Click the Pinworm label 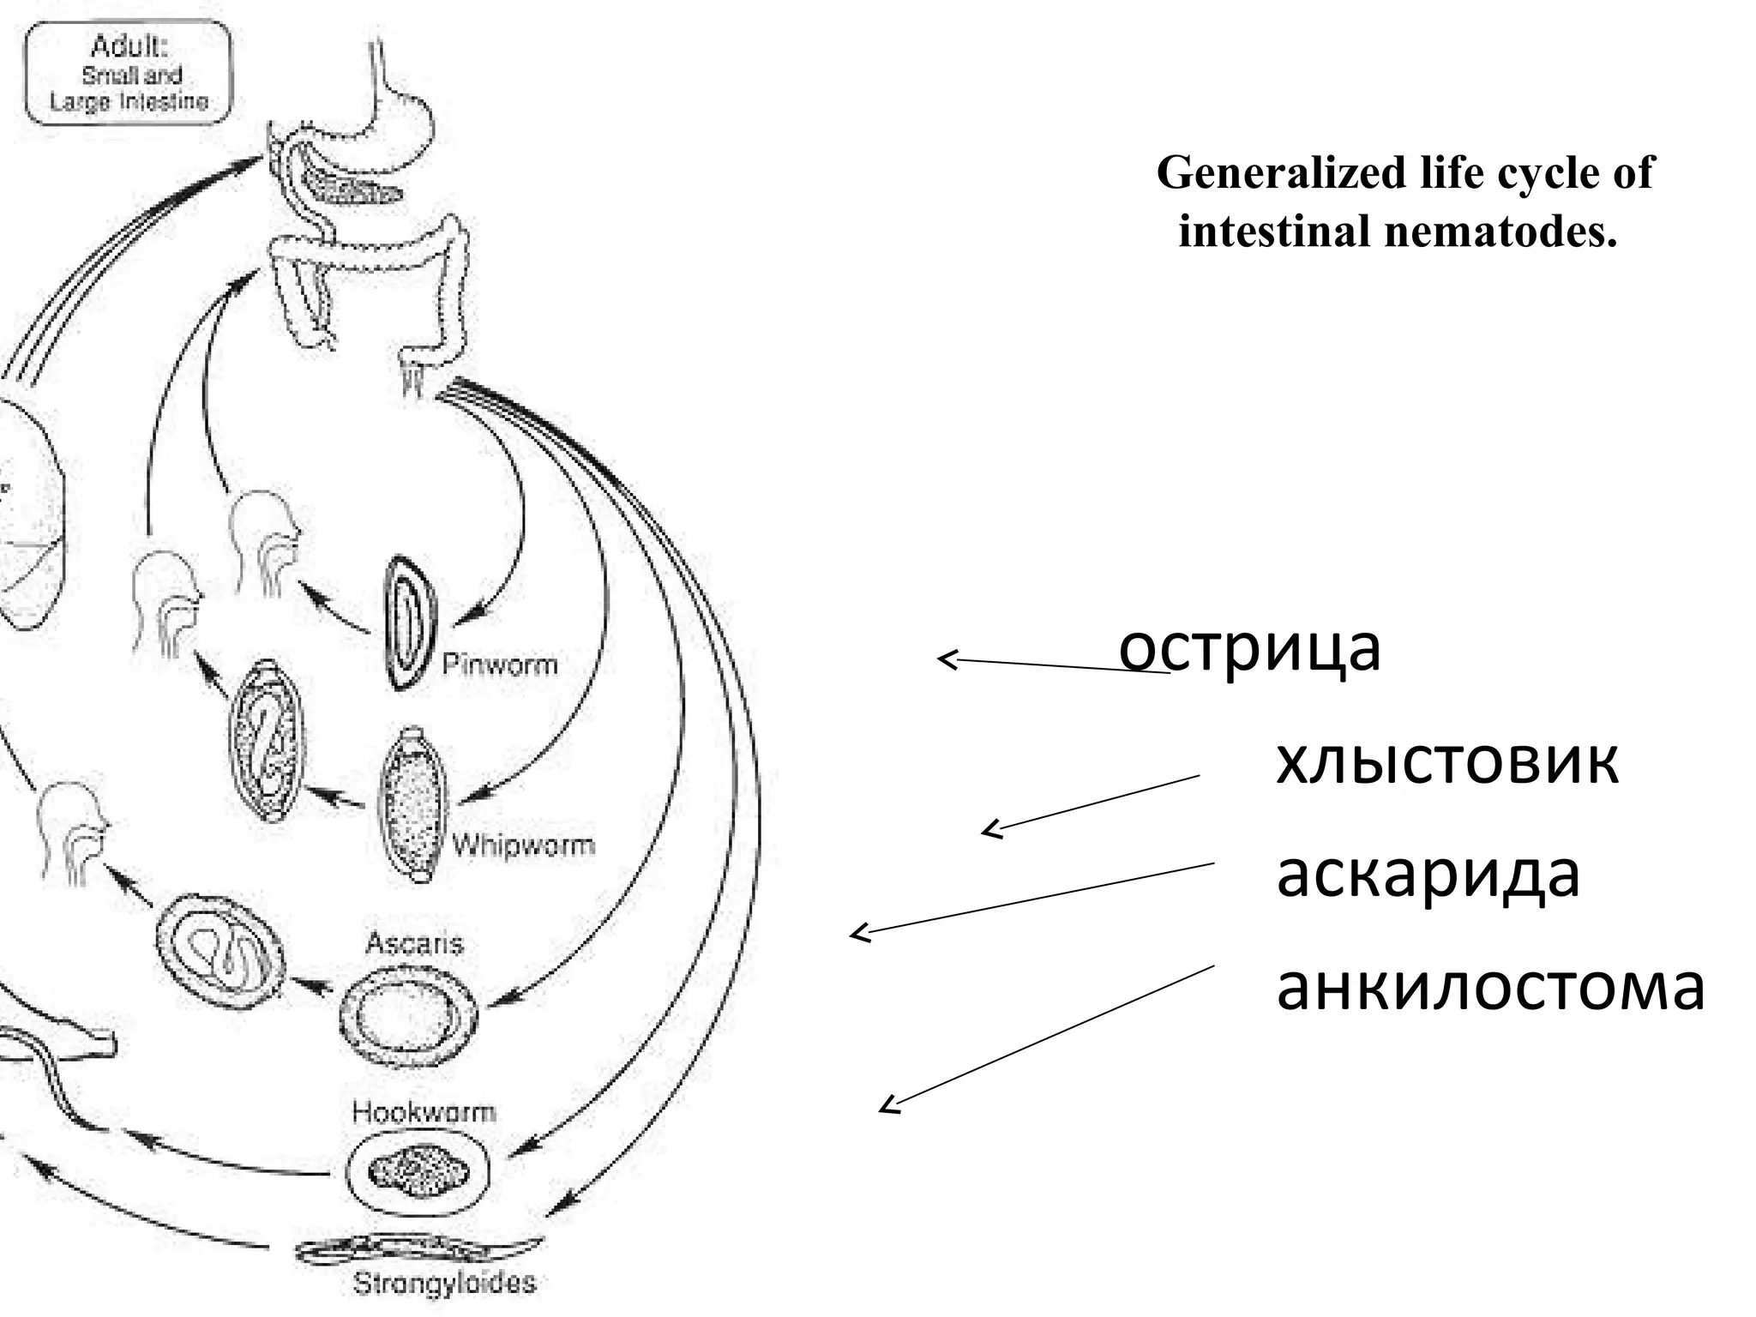pyautogui.click(x=499, y=665)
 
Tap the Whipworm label pyautogui.click(x=523, y=845)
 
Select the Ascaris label pyautogui.click(x=414, y=944)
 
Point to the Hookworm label pyautogui.click(x=424, y=1113)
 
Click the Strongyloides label pyautogui.click(x=444, y=1284)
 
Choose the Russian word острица pyautogui.click(x=1249, y=649)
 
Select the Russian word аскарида pyautogui.click(x=1428, y=875)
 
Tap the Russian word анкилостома pyautogui.click(x=1490, y=988)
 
